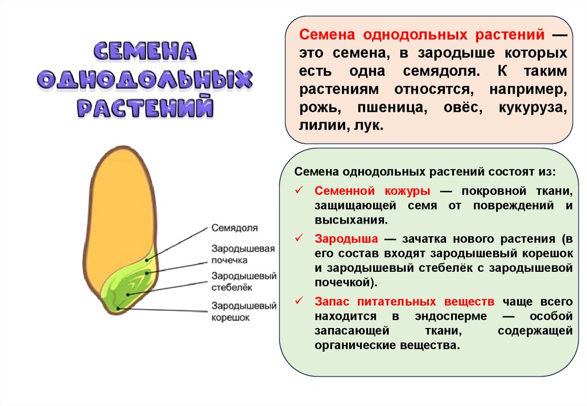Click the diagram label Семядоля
(x=234, y=228)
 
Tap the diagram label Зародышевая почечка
(x=244, y=255)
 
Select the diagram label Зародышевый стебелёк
(x=244, y=282)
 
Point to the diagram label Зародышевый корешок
(x=244, y=311)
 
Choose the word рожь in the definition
(x=319, y=108)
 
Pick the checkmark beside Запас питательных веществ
(x=299, y=302)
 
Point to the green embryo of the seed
(x=129, y=284)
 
